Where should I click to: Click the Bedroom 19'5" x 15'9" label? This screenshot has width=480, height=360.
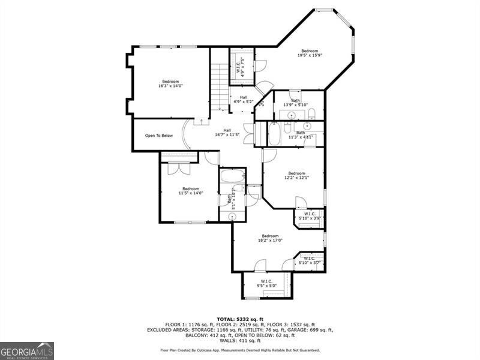point(310,53)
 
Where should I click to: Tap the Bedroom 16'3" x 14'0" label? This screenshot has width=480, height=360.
point(170,83)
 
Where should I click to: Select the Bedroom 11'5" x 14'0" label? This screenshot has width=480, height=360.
point(191,191)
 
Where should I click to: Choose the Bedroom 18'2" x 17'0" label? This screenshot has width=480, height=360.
point(270,238)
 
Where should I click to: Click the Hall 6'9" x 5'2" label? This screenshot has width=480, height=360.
point(243,99)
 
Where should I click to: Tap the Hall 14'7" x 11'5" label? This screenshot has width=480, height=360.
point(227,133)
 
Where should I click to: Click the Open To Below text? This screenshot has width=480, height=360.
point(159,136)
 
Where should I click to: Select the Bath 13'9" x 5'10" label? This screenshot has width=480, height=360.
point(295,103)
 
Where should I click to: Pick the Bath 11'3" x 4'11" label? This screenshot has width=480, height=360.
point(301,134)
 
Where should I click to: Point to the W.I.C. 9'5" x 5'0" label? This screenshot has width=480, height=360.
point(266,283)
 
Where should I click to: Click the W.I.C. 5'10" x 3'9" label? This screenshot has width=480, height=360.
point(310,215)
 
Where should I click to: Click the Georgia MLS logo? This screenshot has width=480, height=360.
point(27,350)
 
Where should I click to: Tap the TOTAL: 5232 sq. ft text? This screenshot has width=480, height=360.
point(240,319)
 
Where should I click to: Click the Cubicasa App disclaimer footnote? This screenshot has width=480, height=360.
point(240,350)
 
